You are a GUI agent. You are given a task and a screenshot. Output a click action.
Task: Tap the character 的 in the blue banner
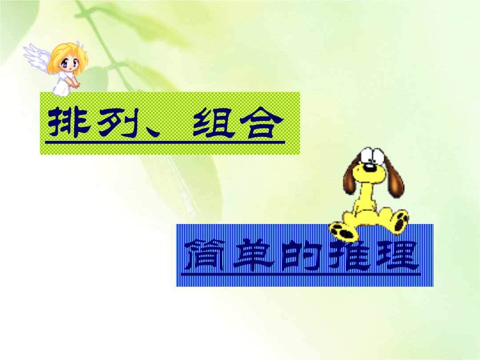(301, 255)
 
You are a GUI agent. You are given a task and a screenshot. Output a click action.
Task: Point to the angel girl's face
(69, 64)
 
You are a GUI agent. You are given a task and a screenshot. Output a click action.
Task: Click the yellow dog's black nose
(370, 168)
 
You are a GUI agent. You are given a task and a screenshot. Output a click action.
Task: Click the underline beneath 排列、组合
(165, 142)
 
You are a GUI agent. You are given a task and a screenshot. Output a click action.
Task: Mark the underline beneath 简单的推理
(301, 274)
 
